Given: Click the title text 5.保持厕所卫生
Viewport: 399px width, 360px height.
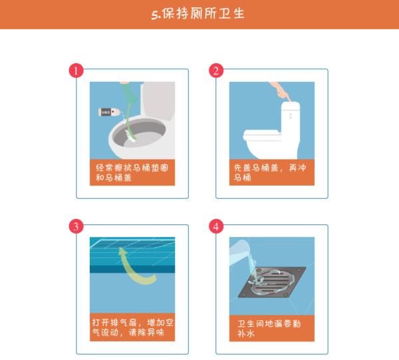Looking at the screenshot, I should point(199,14).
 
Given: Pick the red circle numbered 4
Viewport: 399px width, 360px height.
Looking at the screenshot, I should point(216,226).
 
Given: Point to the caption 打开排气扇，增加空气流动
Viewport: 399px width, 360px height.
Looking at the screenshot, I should point(132,327).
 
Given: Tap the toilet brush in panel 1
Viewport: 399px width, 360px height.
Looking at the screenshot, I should point(128,120).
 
